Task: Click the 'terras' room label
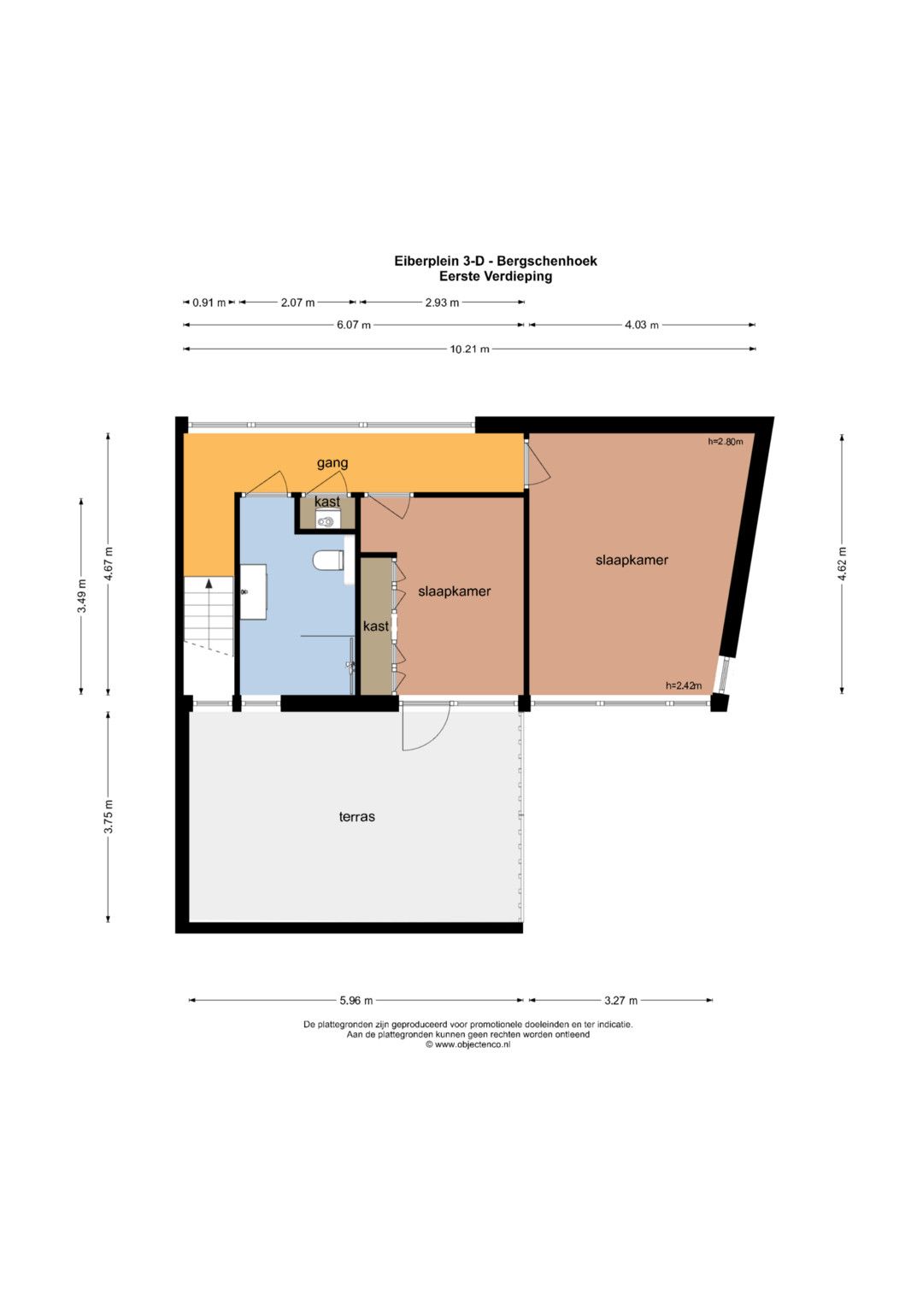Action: (356, 817)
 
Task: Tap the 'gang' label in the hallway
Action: (332, 463)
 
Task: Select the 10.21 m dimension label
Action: (469, 349)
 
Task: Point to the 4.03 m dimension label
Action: (642, 325)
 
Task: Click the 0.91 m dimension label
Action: (209, 303)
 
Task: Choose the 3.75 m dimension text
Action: (109, 817)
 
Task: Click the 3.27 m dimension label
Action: (620, 1001)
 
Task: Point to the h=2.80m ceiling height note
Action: (726, 442)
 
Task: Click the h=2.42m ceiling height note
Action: (684, 685)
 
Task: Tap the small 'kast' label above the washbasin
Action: (326, 502)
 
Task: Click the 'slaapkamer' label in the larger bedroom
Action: (632, 560)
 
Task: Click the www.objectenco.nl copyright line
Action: (468, 1044)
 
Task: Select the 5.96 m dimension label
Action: (356, 1001)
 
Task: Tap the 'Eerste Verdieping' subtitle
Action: (496, 276)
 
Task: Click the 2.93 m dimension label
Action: (442, 303)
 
